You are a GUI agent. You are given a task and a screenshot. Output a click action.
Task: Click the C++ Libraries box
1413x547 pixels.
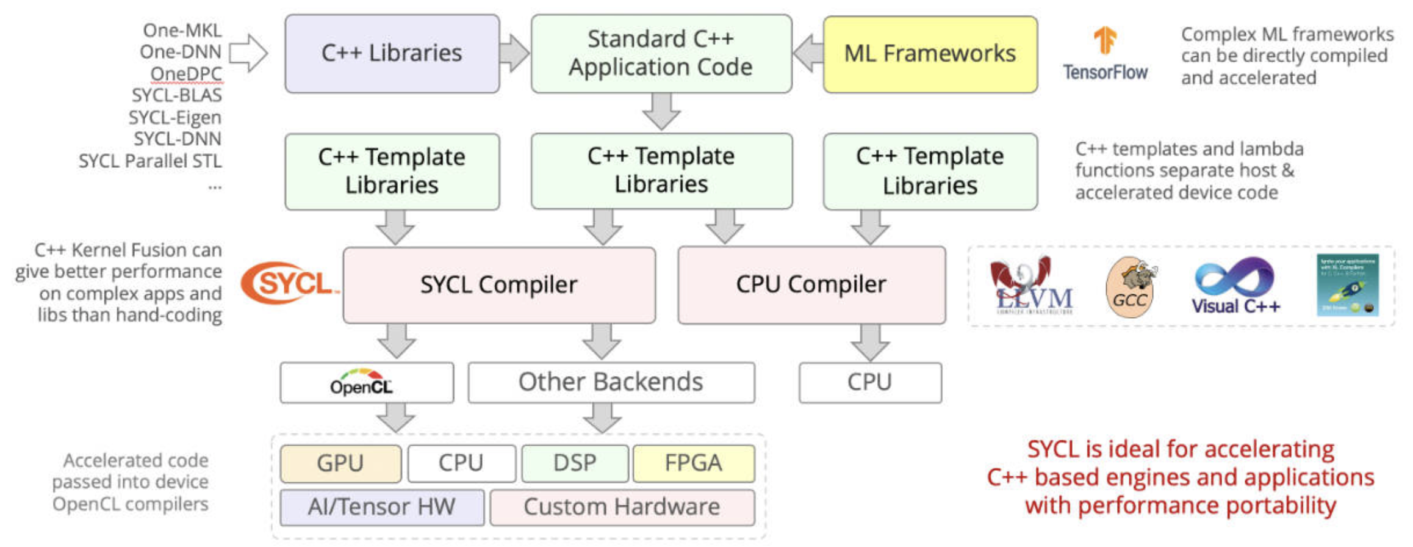click(x=392, y=54)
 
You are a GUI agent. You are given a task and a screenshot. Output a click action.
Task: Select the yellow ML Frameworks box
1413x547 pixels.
click(x=930, y=54)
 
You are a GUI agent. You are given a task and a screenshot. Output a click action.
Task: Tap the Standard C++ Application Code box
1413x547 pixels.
click(x=661, y=54)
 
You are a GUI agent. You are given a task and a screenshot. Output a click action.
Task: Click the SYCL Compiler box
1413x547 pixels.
click(x=498, y=285)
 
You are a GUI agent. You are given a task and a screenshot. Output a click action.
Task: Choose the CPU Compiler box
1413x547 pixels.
click(x=811, y=285)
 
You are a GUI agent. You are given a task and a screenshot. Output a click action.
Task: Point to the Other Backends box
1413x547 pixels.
click(x=611, y=383)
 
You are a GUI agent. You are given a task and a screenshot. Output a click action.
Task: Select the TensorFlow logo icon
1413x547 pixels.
click(x=1105, y=41)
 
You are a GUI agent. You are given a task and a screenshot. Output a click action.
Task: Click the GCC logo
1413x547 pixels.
click(x=1131, y=287)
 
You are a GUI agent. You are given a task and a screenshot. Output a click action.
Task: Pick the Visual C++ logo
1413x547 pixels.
click(x=1235, y=286)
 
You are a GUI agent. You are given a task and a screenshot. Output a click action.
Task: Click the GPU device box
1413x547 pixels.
click(x=340, y=463)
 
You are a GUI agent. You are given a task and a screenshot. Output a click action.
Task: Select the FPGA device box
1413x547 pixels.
click(x=694, y=463)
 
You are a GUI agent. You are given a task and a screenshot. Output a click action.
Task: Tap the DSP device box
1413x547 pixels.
click(x=575, y=463)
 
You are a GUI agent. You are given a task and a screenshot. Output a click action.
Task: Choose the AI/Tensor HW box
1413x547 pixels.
click(x=382, y=507)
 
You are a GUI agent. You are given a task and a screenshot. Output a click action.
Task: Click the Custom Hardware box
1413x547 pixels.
click(x=622, y=507)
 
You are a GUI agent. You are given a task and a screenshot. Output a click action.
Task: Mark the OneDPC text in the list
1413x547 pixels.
click(x=186, y=74)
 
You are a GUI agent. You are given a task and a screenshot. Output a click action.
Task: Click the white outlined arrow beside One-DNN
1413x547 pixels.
click(x=248, y=53)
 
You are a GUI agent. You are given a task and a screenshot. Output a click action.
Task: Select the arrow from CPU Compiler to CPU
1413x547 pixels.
click(x=870, y=342)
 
